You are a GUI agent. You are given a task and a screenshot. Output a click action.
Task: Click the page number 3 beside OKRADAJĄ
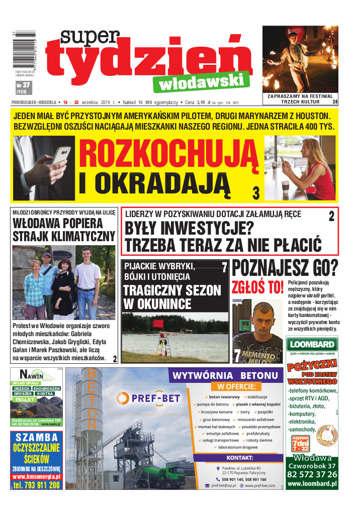click(x=256, y=192)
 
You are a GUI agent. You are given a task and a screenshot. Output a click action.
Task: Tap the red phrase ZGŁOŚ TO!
click(x=257, y=288)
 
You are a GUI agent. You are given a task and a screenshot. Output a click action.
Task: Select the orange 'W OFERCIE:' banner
click(x=236, y=386)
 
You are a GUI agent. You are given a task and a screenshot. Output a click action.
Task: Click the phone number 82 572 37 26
click(x=312, y=475)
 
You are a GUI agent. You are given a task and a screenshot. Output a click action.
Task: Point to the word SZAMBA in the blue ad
click(x=36, y=437)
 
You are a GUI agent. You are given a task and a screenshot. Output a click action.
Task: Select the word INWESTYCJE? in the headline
click(x=189, y=229)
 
